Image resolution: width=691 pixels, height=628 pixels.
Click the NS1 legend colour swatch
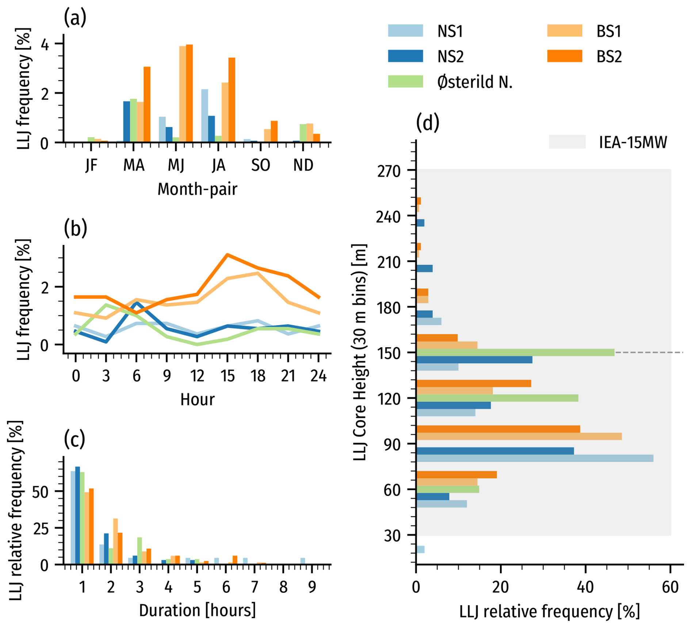pyautogui.click(x=405, y=31)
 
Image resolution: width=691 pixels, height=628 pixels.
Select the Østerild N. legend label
pyautogui.click(x=475, y=82)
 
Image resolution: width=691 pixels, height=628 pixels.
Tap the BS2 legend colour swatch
pyautogui.click(x=564, y=56)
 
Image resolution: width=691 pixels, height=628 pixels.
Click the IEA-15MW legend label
pyautogui.click(x=633, y=142)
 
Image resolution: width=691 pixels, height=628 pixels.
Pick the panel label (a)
pyautogui.click(x=75, y=18)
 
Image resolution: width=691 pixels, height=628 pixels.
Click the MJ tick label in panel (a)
pyautogui.click(x=176, y=165)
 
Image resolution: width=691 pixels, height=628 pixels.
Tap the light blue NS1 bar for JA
pyautogui.click(x=205, y=115)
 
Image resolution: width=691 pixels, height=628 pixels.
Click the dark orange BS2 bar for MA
pyautogui.click(x=147, y=104)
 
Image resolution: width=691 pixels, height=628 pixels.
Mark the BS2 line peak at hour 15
pyautogui.click(x=227, y=255)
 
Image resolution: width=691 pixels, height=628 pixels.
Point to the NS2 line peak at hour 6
pyautogui.click(x=137, y=303)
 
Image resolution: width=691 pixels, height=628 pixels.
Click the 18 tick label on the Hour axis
pyautogui.click(x=258, y=376)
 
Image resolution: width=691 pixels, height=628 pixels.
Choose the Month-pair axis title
pyautogui.click(x=197, y=189)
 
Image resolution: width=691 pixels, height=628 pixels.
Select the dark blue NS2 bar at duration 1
pyautogui.click(x=77, y=515)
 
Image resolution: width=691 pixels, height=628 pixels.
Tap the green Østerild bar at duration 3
pyautogui.click(x=140, y=551)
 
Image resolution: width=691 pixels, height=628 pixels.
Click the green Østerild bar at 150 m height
pyautogui.click(x=515, y=353)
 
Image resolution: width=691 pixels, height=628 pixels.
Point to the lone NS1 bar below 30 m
pyautogui.click(x=420, y=549)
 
